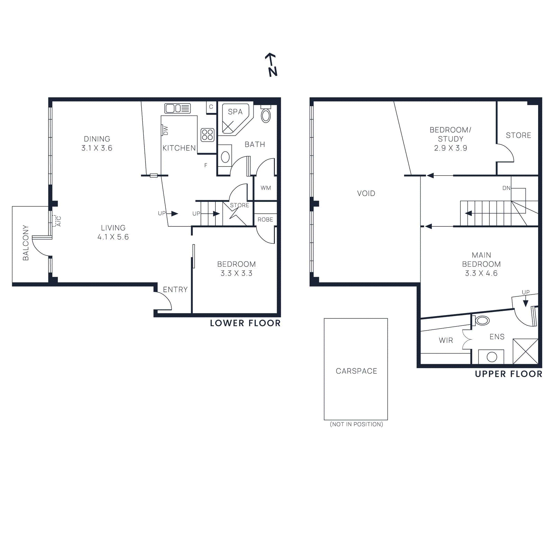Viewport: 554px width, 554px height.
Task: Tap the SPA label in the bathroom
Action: point(235,112)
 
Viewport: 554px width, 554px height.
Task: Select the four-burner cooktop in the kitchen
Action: point(207,135)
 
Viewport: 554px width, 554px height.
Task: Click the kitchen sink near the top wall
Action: point(177,108)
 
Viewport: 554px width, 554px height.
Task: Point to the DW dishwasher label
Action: point(166,131)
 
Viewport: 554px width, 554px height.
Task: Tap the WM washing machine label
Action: point(266,188)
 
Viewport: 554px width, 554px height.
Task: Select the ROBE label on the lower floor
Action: point(265,220)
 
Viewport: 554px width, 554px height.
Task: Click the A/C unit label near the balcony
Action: point(59,221)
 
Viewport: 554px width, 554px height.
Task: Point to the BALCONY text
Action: point(26,243)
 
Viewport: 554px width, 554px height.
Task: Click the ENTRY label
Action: point(175,289)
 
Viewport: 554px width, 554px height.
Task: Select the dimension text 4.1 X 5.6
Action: point(113,237)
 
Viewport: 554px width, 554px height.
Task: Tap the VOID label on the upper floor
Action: point(366,193)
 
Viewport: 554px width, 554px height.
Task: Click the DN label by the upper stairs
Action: point(506,188)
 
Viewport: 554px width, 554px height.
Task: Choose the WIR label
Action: point(446,340)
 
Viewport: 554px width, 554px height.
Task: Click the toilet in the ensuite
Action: point(482,320)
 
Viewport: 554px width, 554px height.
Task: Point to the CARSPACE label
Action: point(356,371)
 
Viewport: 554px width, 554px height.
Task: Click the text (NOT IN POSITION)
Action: point(356,424)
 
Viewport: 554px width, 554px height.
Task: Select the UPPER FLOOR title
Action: point(509,374)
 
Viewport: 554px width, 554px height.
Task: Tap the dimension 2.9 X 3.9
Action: point(450,148)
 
